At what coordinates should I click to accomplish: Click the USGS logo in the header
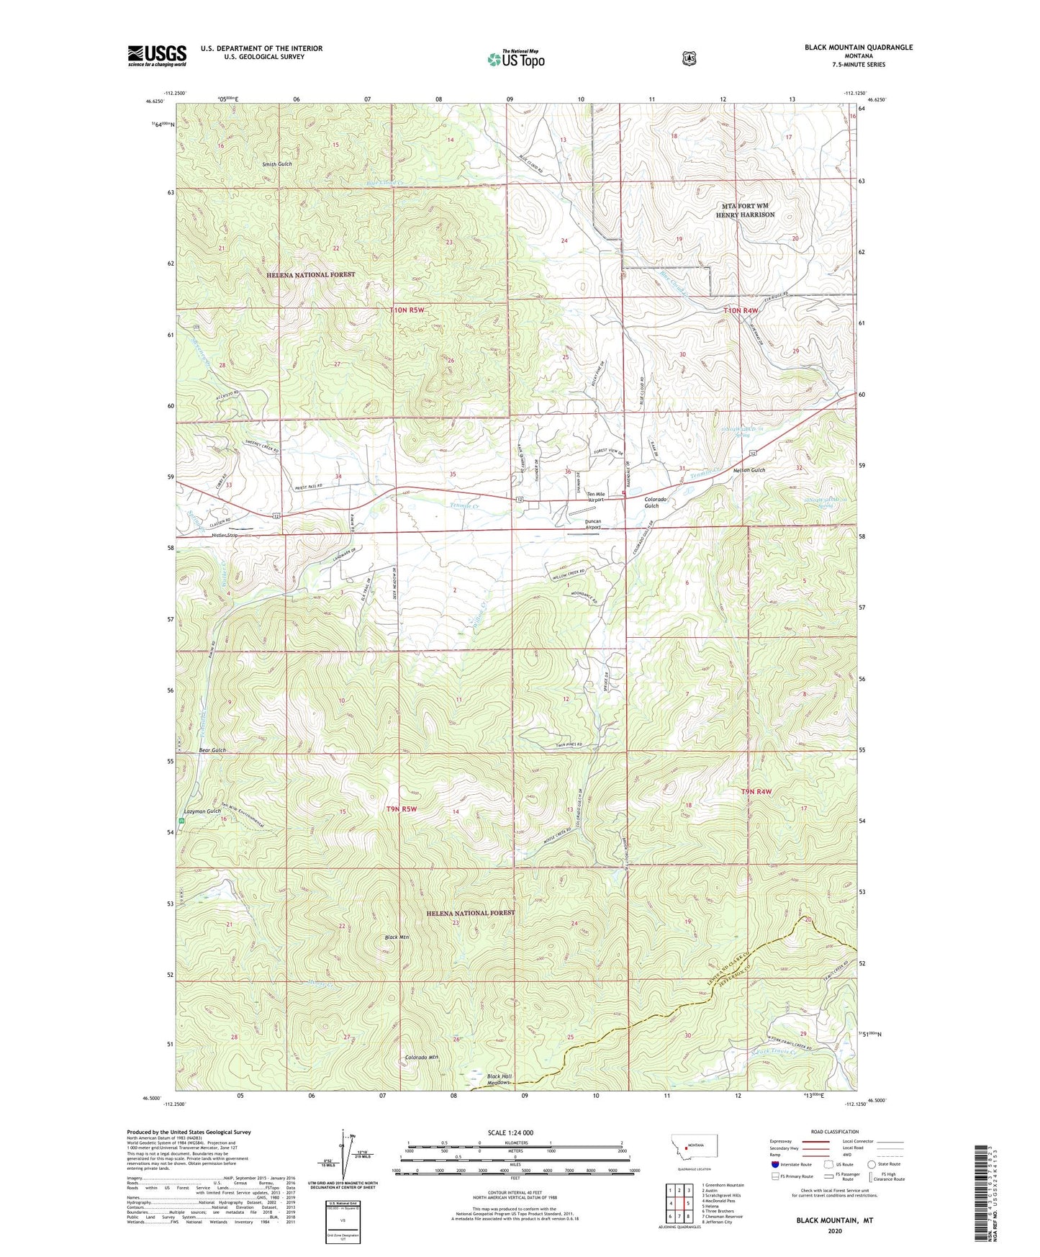(x=157, y=55)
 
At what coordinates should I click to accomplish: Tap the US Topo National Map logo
(x=515, y=58)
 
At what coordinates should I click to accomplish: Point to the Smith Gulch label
(x=277, y=164)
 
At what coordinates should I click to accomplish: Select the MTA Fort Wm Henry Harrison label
(x=745, y=210)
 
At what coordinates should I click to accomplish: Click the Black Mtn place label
(x=397, y=937)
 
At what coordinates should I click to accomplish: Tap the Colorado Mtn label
(x=421, y=1058)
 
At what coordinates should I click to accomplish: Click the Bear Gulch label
(x=212, y=750)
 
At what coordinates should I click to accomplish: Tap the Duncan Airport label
(x=593, y=523)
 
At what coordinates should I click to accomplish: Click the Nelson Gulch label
(x=749, y=470)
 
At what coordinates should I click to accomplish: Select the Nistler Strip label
(x=225, y=536)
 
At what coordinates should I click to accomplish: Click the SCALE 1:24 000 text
(x=510, y=1132)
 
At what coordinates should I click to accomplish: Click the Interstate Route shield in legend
(x=774, y=1164)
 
